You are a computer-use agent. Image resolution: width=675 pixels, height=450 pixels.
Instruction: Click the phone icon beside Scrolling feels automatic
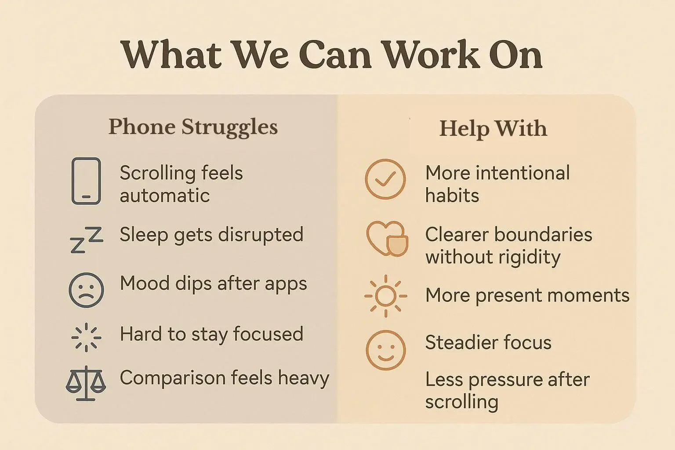86,181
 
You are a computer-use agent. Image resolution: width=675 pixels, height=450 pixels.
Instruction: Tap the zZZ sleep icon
87,240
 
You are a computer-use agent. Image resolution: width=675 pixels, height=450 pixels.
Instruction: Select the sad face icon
87,290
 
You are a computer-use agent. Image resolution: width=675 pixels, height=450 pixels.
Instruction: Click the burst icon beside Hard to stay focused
86,337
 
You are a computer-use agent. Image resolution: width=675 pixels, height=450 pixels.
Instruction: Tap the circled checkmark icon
385,179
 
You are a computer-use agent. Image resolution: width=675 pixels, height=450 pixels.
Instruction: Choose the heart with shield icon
387,239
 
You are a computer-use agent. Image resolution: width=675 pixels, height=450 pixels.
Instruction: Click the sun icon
386,296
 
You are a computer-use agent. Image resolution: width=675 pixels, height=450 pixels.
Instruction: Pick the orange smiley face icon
385,350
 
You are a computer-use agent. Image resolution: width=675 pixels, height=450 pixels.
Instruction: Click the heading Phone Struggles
193,127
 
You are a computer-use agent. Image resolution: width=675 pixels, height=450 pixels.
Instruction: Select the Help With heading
493,129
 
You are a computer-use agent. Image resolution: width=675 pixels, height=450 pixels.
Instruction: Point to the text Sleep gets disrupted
211,234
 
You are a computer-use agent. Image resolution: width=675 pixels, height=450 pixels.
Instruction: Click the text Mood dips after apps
213,283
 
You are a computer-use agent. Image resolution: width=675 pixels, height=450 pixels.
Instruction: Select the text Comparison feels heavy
224,378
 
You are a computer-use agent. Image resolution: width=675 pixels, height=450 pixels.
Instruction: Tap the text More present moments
527,295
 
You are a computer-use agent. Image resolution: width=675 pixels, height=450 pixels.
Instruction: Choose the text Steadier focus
488,342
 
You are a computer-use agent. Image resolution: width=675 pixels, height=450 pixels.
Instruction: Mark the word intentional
523,173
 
